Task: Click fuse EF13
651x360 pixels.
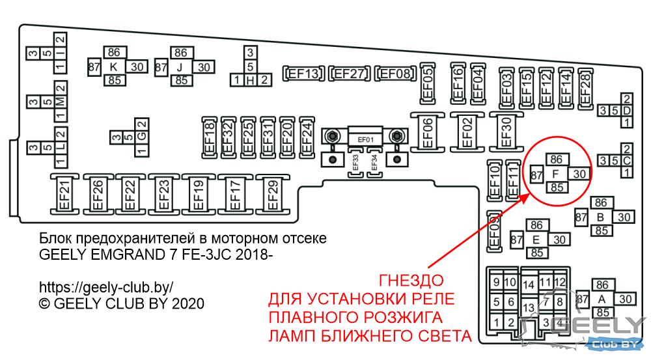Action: [303, 74]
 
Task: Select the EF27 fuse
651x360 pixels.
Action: [349, 74]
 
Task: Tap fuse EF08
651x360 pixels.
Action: [395, 74]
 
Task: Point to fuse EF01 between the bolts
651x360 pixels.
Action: [365, 136]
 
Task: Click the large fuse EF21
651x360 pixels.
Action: [64, 195]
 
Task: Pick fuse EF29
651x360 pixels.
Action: [272, 195]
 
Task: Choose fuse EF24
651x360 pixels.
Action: [307, 137]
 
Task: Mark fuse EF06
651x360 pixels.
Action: [427, 132]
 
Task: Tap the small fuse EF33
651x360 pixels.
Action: [355, 162]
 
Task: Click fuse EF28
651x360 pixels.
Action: [585, 89]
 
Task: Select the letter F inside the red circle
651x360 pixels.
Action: [556, 174]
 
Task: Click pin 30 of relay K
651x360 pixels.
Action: [137, 66]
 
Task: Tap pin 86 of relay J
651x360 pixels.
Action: [181, 53]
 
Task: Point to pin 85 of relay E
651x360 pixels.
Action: [537, 253]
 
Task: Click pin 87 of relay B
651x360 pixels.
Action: [581, 217]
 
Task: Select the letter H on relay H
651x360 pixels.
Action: [250, 79]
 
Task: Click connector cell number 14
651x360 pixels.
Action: [529, 285]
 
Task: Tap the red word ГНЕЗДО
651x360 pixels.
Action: [411, 281]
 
